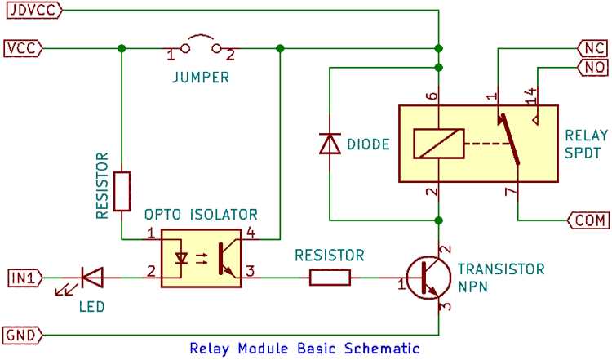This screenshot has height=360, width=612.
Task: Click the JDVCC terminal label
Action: pos(34,9)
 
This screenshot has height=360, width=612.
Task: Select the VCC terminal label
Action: pos(24,48)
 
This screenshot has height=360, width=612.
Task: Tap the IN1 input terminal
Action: pos(25,278)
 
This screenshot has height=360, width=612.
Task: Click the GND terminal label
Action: pos(23,335)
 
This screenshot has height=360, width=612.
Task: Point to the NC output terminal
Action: pos(593,48)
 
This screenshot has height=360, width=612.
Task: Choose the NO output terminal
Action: pos(593,67)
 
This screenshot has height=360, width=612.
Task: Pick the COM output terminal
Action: pos(588,220)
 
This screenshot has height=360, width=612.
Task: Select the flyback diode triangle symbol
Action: pos(330,144)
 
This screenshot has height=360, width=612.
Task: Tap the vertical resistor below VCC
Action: pos(122,191)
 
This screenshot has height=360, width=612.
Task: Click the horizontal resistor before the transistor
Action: pos(330,278)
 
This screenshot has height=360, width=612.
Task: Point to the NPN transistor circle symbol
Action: pos(428,278)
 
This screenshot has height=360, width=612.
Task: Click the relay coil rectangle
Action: pos(439,144)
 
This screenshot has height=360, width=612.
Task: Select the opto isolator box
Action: pos(201,258)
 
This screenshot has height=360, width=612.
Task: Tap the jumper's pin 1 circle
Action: pos(185,48)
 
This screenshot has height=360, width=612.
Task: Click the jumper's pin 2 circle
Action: pos(216,48)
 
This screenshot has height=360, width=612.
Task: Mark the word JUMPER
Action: pos(201,78)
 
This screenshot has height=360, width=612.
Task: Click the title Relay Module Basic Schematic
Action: pos(305,349)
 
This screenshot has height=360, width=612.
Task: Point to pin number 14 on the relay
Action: pos(531,96)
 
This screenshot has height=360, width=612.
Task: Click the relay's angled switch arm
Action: pos(511,140)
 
